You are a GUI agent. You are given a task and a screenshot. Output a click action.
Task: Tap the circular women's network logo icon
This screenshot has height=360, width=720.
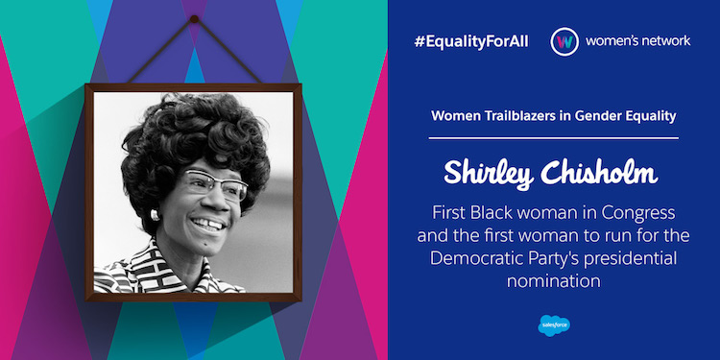(564, 43)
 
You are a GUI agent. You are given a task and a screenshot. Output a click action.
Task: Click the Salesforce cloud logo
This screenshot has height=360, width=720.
(554, 324)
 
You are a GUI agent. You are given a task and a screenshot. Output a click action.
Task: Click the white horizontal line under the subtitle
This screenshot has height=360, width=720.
(554, 138)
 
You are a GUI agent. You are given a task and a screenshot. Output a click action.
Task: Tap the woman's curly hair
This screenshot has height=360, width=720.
(192, 134)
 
